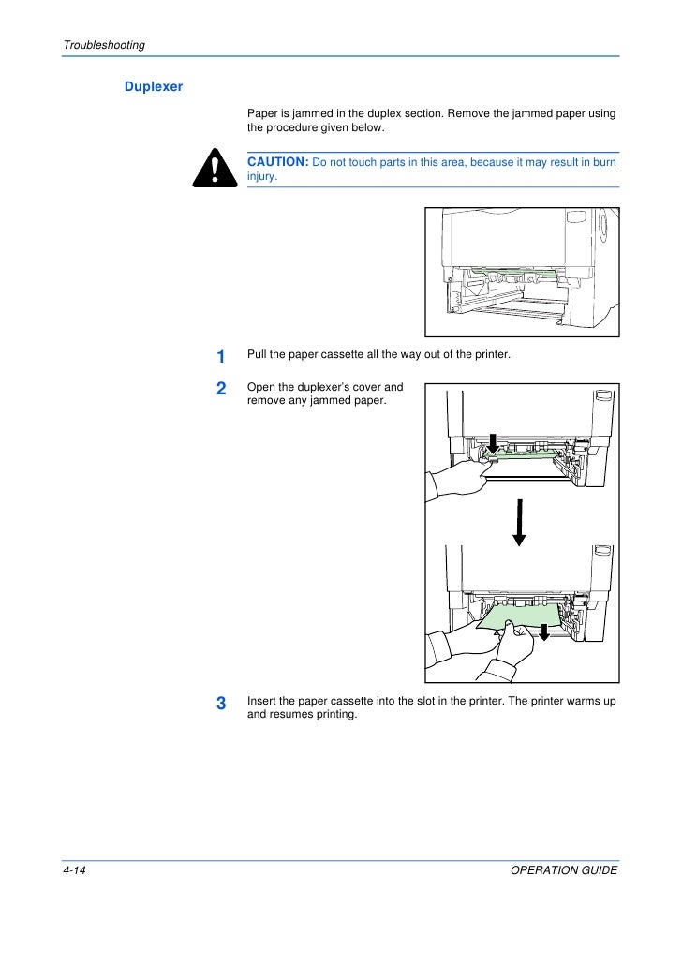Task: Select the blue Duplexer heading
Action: pos(154,87)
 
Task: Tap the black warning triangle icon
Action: pos(215,170)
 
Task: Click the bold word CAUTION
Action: pos(277,162)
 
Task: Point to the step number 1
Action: pos(220,357)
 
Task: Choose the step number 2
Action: pos(221,388)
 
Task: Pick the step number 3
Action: pos(221,705)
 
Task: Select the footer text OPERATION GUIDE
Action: pos(565,870)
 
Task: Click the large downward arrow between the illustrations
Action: pos(519,521)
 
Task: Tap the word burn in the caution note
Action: pos(606,162)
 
